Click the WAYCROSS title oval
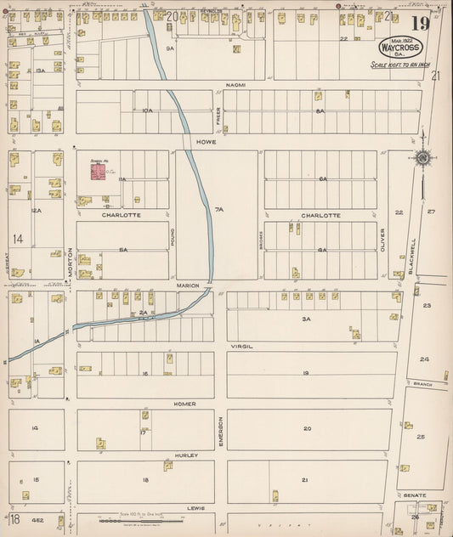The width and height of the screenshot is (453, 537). tap(395, 47)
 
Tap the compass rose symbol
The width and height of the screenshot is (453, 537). tap(422, 157)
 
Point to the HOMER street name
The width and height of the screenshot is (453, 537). tap(184, 404)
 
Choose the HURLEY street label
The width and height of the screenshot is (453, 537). tap(188, 455)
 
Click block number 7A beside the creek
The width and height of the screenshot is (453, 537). tap(218, 209)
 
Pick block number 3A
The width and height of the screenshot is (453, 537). tap(308, 319)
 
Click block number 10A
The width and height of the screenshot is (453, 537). tap(147, 111)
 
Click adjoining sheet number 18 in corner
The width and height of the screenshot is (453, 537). tap(15, 518)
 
